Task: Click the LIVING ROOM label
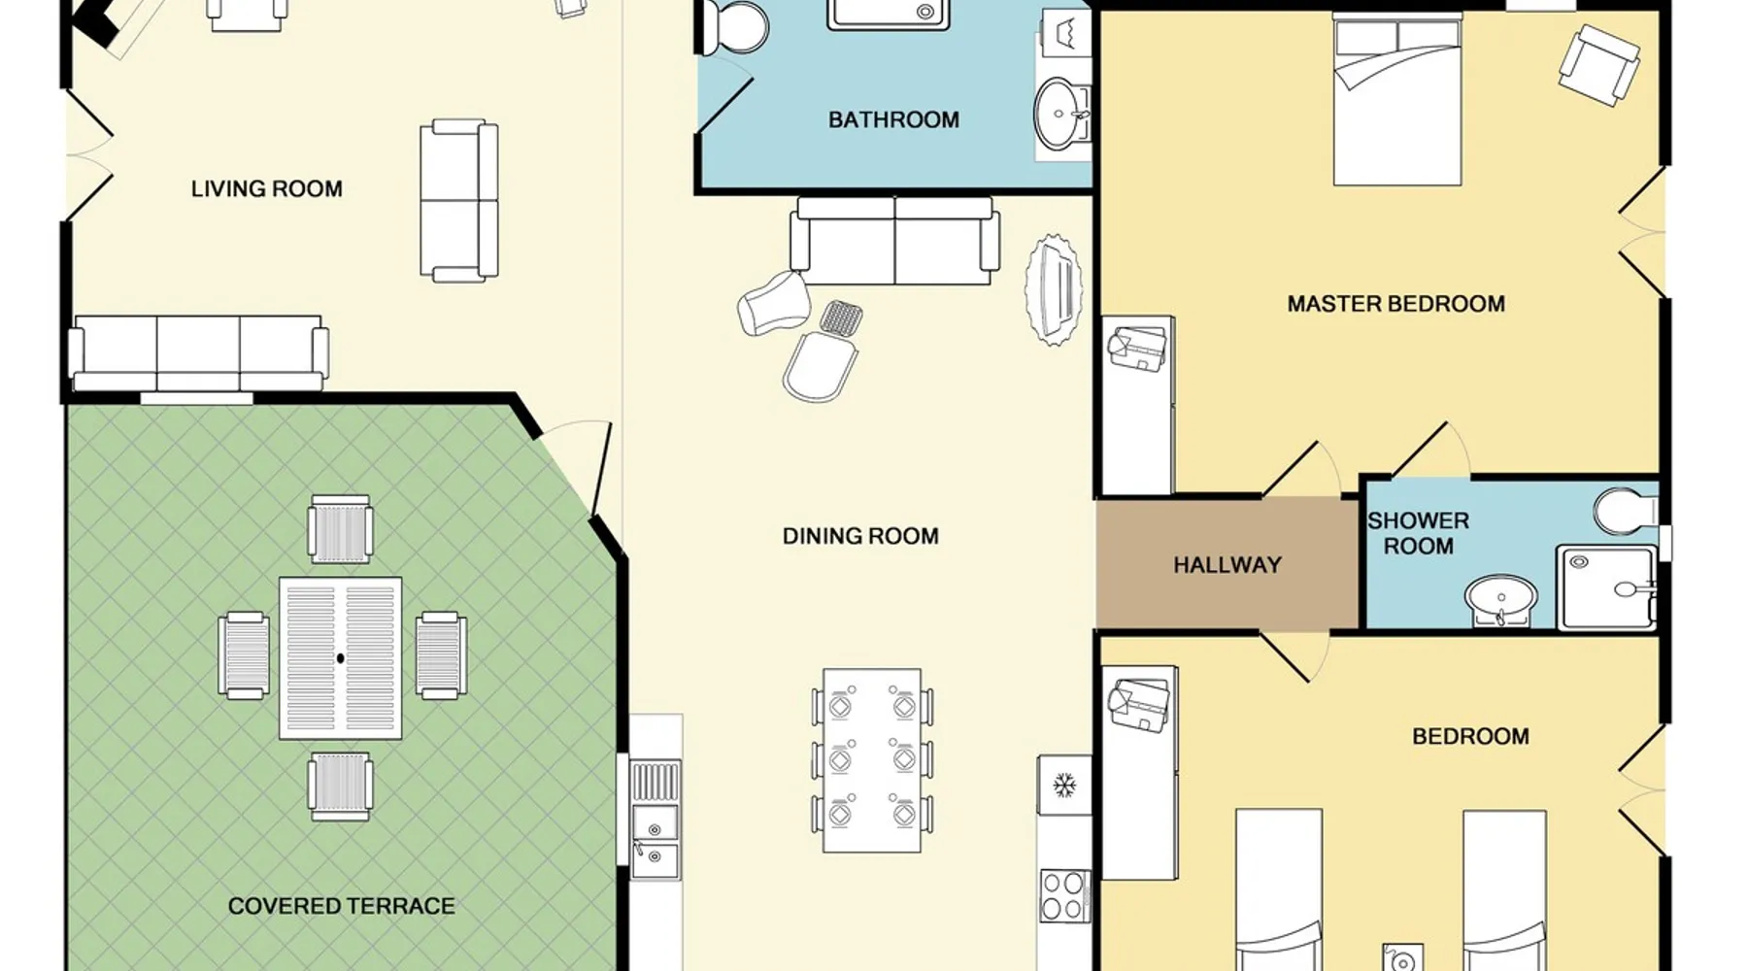coord(266,188)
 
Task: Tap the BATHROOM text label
coord(893,119)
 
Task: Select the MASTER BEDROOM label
coord(1395,304)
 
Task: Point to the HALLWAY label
coord(1227,565)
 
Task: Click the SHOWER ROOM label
coord(1418,533)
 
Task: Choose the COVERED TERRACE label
coord(341,906)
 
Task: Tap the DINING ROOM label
coord(860,536)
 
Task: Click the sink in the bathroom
coord(1060,115)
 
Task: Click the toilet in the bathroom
coord(733,26)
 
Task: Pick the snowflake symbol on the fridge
coord(1064,783)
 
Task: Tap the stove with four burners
coord(1064,895)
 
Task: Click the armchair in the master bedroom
coord(1598,65)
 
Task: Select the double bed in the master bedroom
coord(1397,99)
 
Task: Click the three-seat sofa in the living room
coord(198,352)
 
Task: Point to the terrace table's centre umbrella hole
coord(340,658)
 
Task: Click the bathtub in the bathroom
coord(888,15)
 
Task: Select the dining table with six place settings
coord(872,760)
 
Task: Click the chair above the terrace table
coord(340,529)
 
